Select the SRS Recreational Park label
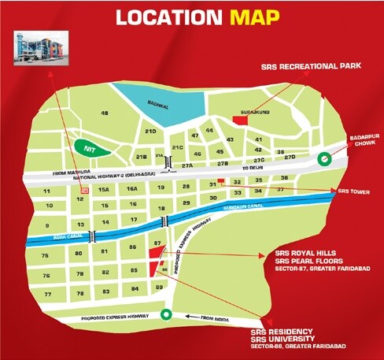pyautogui.click(x=312, y=67)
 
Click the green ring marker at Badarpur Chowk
pyautogui.click(x=322, y=159)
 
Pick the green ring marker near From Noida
pyautogui.click(x=164, y=315)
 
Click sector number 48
pyautogui.click(x=105, y=113)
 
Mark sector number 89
pyautogui.click(x=160, y=288)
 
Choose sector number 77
pyautogui.click(x=47, y=294)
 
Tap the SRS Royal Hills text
pyautogui.click(x=302, y=254)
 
